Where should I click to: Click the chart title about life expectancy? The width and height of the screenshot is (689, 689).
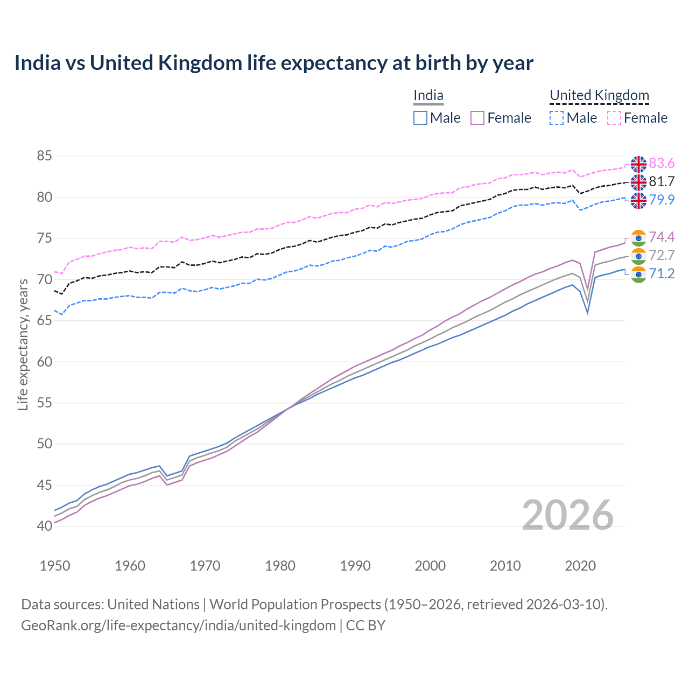coord(273,63)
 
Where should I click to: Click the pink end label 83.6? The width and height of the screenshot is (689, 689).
coord(662,163)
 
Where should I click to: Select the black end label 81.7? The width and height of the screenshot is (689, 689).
coord(662,181)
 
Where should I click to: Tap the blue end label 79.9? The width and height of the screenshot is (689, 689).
coord(662,200)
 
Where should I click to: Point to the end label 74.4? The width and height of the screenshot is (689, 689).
coord(662,237)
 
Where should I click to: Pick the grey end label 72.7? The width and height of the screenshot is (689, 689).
coord(662,255)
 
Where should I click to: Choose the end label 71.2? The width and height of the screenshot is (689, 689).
coord(662,273)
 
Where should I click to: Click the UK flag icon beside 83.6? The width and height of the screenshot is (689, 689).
coord(638,164)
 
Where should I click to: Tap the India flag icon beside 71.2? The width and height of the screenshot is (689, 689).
coord(638,274)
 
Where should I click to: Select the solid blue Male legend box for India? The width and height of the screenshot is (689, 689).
coord(420,118)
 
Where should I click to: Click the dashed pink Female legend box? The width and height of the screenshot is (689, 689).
coord(614,118)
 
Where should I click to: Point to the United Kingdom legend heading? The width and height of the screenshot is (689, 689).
coord(599,95)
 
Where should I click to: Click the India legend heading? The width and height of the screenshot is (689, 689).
coord(428,95)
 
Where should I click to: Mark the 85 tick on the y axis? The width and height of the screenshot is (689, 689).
coord(44,156)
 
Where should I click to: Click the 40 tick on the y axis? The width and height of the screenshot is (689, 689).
coord(44,526)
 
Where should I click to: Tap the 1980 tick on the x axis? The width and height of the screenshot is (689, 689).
coord(280,566)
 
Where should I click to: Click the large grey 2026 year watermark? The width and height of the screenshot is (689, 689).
coord(567,515)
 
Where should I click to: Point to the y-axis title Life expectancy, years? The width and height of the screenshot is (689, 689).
coord(23,344)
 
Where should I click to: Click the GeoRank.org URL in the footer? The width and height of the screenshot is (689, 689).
coord(178,625)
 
